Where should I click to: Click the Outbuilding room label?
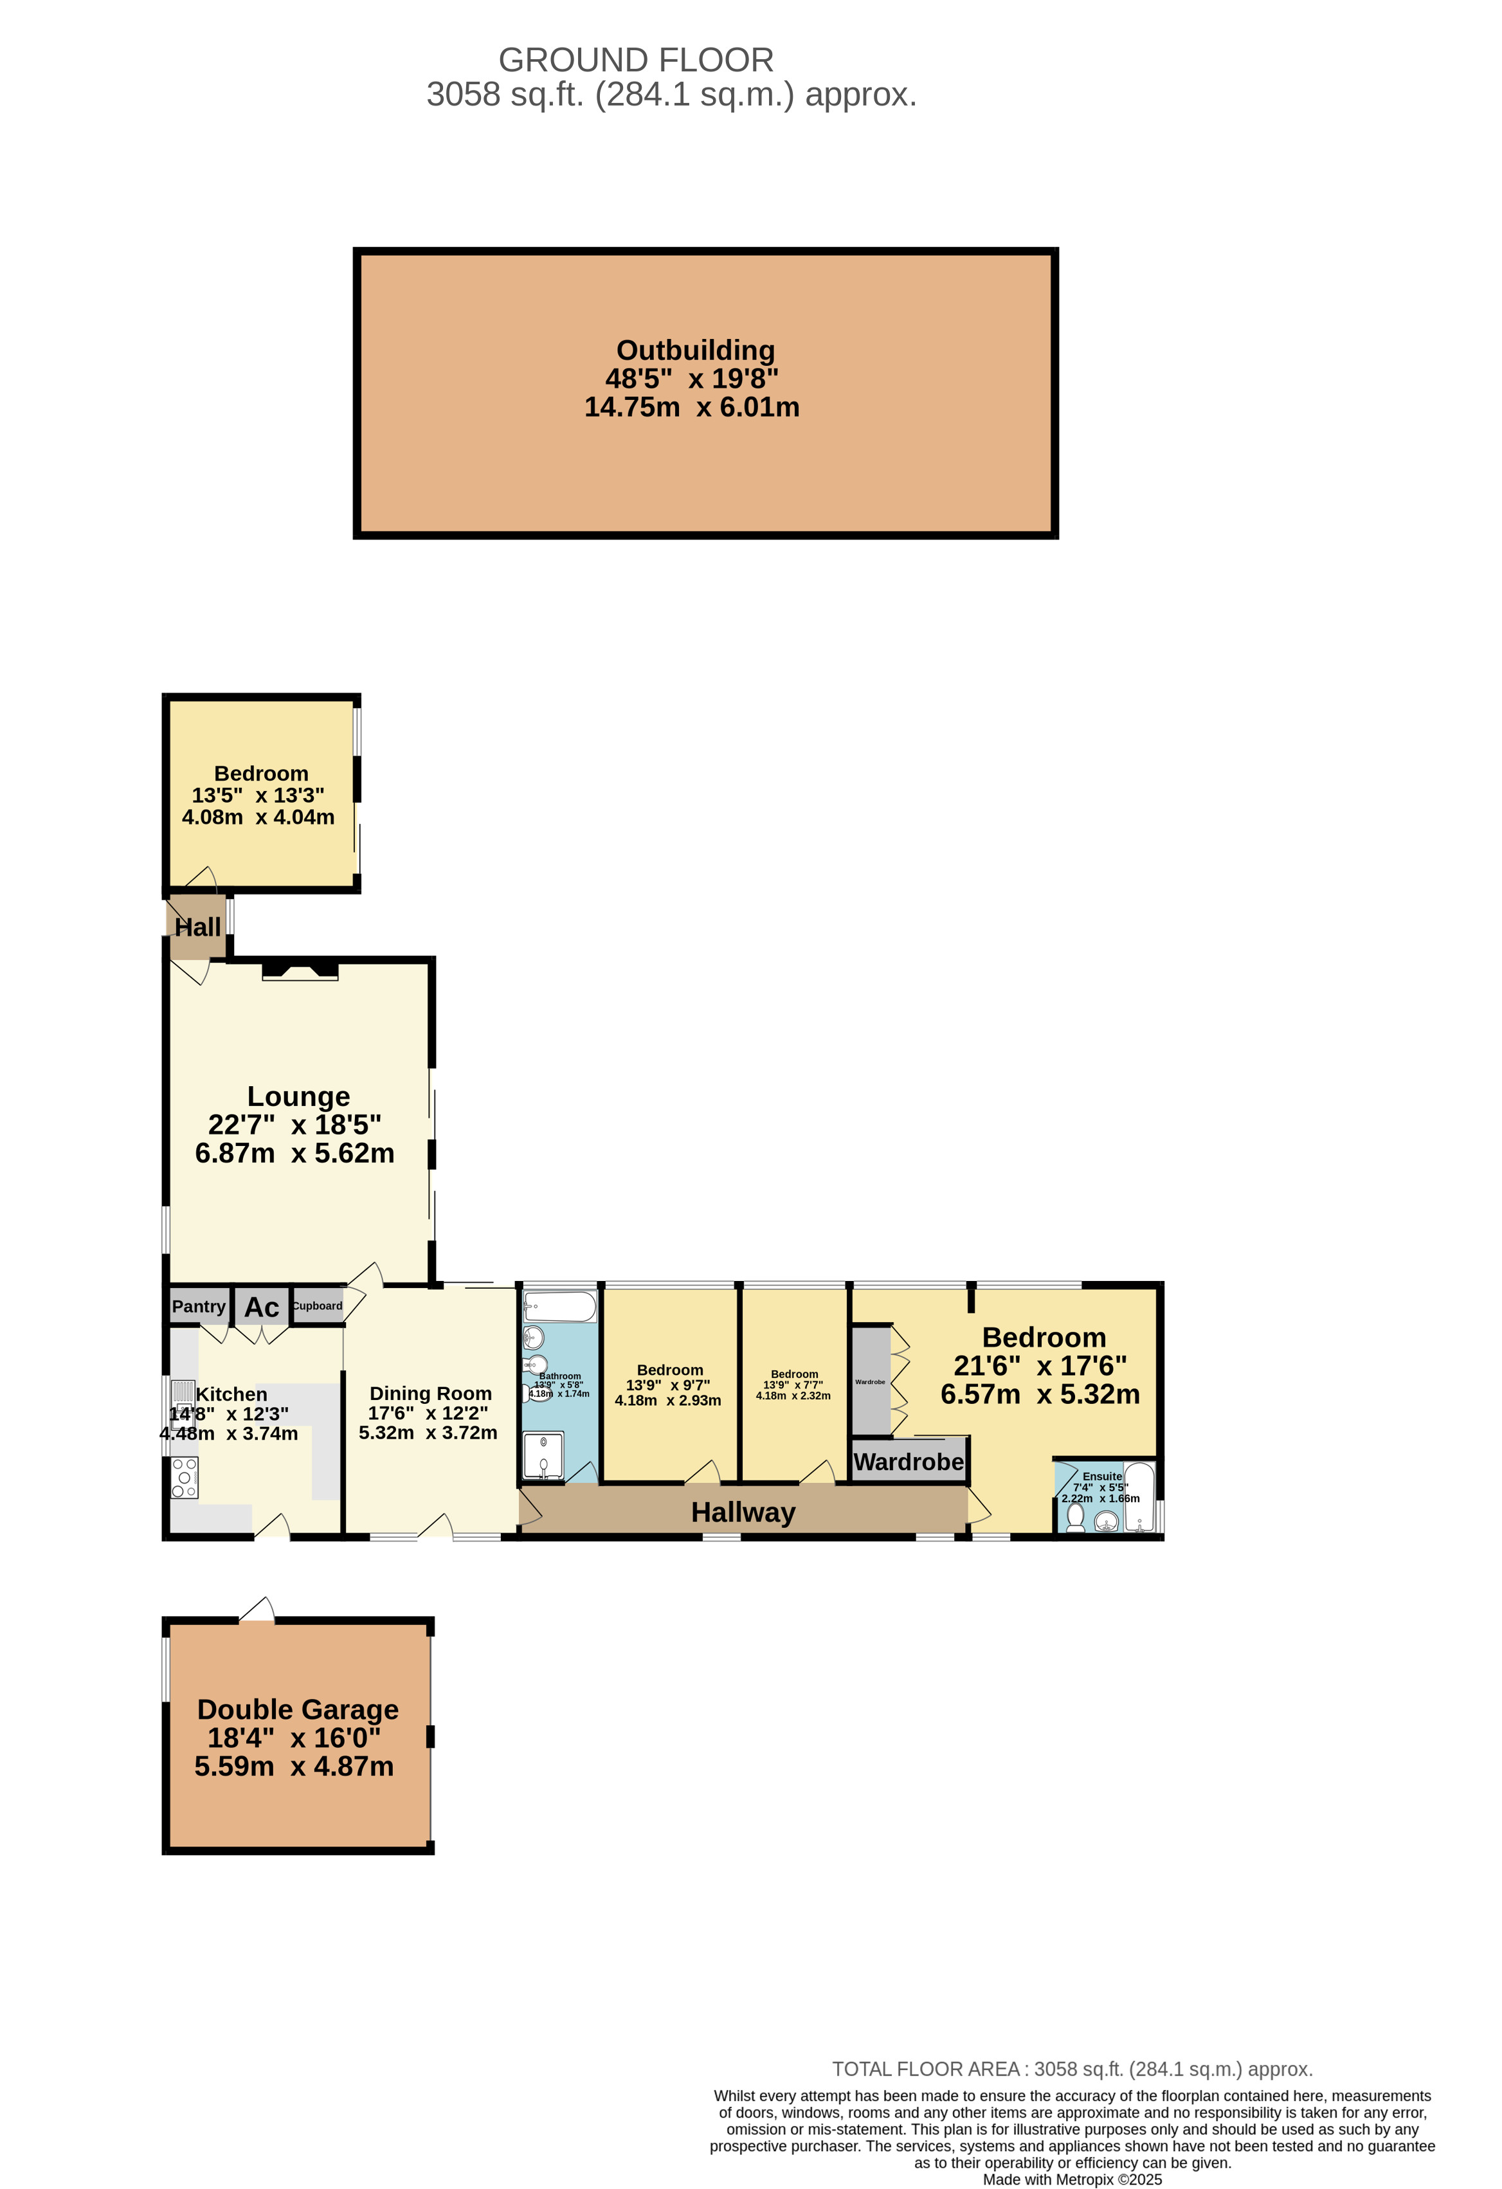coord(696,350)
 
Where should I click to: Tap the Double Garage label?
coord(298,1709)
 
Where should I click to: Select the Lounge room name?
coord(298,1096)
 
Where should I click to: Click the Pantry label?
coord(199,1307)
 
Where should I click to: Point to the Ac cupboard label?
coord(262,1307)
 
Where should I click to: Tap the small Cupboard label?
coord(318,1305)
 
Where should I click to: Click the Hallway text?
coord(743,1512)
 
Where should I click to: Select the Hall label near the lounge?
coord(198,928)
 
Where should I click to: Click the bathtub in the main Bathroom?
coord(559,1307)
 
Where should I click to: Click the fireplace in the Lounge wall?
coord(300,970)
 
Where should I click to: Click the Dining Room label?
coord(430,1393)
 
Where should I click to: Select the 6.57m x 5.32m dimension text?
coord(1040,1395)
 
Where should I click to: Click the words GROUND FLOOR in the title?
coord(636,60)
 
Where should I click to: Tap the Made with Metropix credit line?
coord(1072,2179)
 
